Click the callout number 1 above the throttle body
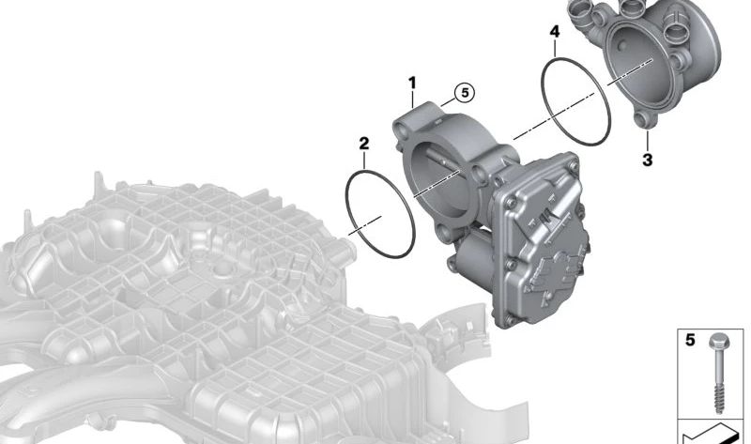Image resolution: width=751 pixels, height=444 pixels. [x=412, y=84]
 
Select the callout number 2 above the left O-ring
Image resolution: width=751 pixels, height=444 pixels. [x=364, y=144]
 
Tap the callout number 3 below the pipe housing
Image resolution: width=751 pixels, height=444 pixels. [x=647, y=160]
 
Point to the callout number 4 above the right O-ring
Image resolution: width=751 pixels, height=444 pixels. [x=555, y=32]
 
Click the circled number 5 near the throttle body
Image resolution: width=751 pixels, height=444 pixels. [x=465, y=92]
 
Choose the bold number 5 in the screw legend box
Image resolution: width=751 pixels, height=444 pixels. [x=690, y=340]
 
